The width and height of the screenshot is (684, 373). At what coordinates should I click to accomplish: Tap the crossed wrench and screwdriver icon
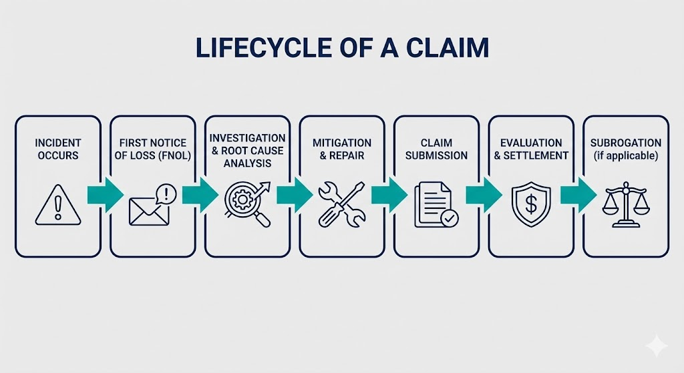[341, 203]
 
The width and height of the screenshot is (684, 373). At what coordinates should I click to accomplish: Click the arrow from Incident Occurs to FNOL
[105, 194]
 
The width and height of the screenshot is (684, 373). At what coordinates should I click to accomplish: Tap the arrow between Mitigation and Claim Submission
[389, 194]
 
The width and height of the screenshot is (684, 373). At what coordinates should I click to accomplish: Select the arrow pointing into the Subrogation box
[578, 194]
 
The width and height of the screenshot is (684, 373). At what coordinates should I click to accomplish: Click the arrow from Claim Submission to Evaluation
[484, 194]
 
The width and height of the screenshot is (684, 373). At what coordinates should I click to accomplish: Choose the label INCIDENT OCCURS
[58, 149]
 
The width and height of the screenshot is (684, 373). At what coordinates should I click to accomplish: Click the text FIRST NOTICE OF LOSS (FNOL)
[152, 149]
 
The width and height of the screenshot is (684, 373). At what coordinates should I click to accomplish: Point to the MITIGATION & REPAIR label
[342, 149]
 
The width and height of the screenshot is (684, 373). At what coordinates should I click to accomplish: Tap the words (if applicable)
[626, 155]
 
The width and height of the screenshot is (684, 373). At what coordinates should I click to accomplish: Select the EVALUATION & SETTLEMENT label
[531, 149]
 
